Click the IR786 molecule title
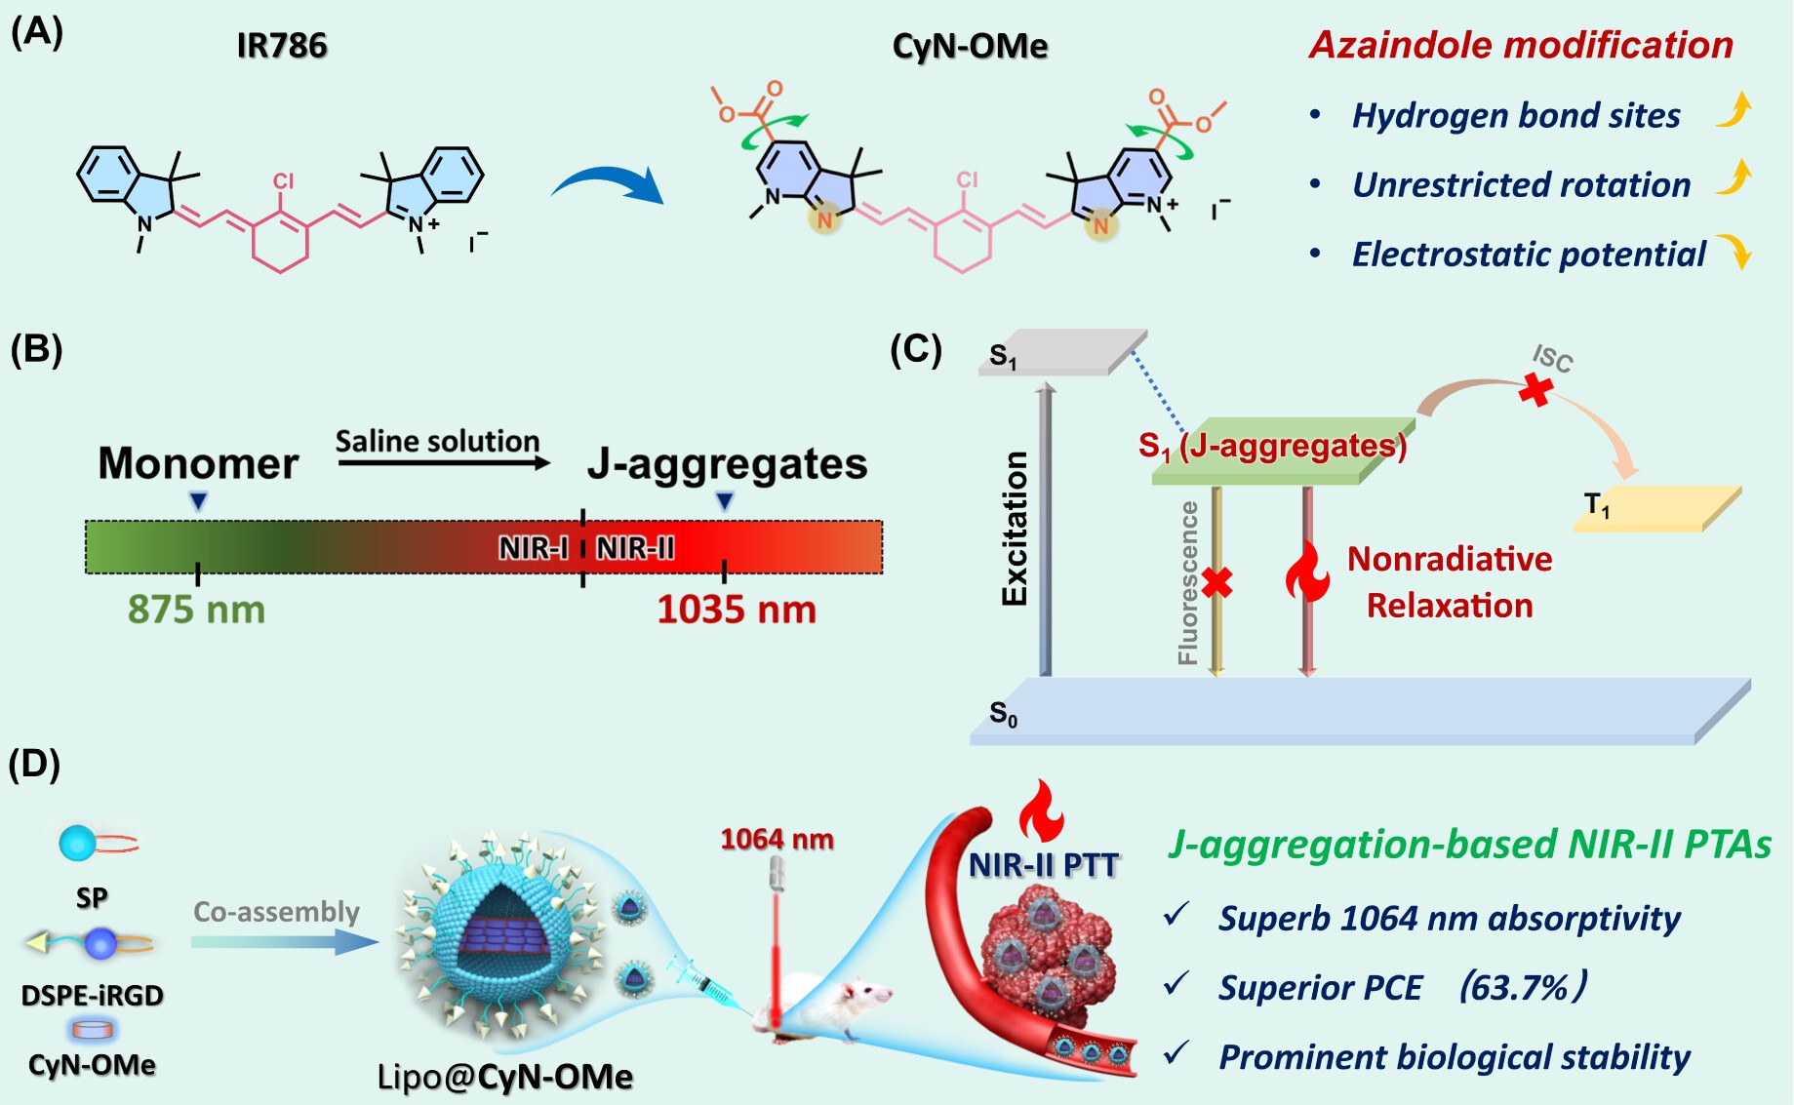[x=282, y=45]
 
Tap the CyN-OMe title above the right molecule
[x=970, y=46]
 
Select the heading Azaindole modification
[x=1521, y=45]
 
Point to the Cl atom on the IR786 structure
[x=284, y=181]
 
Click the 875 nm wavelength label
[x=196, y=610]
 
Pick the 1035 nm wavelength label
[x=737, y=610]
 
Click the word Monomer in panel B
[x=198, y=463]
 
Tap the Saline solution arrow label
[x=437, y=442]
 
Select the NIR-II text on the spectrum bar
[x=636, y=548]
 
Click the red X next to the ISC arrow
[x=1536, y=390]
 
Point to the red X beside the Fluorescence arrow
[x=1216, y=582]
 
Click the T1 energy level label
[x=1597, y=505]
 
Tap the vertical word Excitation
[x=1016, y=529]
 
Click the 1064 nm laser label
[x=777, y=839]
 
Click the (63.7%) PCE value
[x=1521, y=987]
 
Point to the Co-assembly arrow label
[x=276, y=912]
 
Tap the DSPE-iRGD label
[x=93, y=996]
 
